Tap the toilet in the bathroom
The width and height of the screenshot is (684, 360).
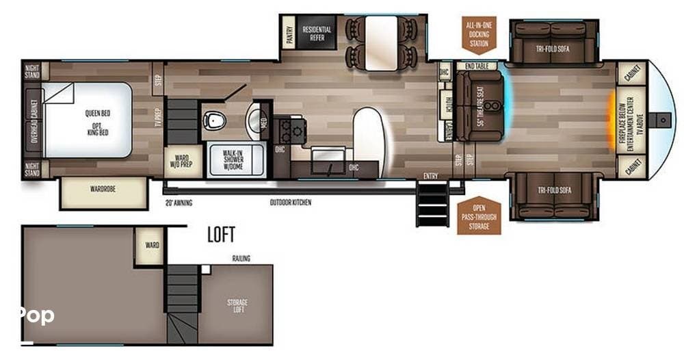(x=215, y=120)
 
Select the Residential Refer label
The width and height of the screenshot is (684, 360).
(x=317, y=34)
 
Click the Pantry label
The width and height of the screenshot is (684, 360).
(x=289, y=34)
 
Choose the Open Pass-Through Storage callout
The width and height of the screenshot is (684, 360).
(x=479, y=216)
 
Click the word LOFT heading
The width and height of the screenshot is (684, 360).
(x=221, y=235)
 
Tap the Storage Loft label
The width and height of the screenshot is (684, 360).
(x=237, y=306)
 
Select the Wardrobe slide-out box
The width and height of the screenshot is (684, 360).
(x=104, y=193)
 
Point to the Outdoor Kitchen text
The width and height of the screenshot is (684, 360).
(x=291, y=203)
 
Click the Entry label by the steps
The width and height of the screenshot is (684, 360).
(x=430, y=176)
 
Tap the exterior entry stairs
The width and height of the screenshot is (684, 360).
(x=432, y=204)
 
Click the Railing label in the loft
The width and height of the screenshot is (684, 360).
(x=241, y=258)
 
